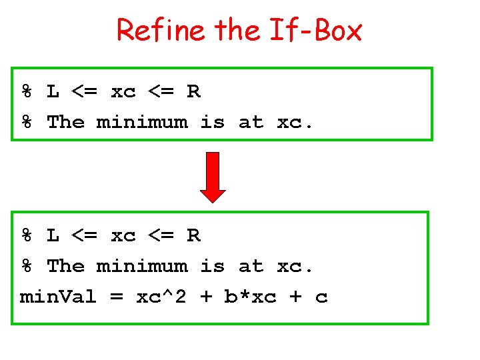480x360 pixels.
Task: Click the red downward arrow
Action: [213, 177]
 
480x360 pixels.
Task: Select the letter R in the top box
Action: [193, 92]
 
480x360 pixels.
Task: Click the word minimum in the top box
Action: [142, 122]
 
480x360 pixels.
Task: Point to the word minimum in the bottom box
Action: [142, 266]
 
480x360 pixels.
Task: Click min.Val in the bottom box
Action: [58, 297]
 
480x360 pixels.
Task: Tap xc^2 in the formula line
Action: [161, 297]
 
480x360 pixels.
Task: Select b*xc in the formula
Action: [251, 297]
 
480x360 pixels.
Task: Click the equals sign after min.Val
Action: [117, 297]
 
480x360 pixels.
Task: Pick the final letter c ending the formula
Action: [321, 297]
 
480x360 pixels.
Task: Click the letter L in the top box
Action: [53, 92]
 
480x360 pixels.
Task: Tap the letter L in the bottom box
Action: [53, 236]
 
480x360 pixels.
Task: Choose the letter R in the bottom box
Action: [193, 236]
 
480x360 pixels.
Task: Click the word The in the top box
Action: [65, 122]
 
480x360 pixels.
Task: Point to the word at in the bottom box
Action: [251, 267]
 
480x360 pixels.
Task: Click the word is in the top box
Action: [213, 122]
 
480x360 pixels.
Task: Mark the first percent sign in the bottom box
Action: [27, 236]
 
